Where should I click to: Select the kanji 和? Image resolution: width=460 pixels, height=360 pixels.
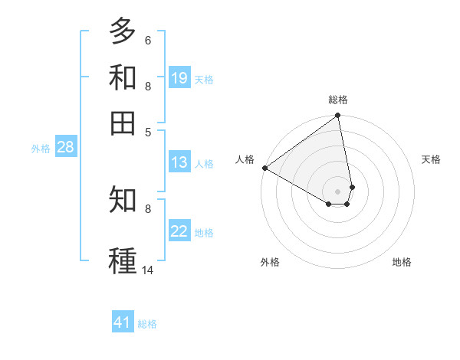[x=123, y=77]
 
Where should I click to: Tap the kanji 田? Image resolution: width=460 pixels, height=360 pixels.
[x=123, y=123]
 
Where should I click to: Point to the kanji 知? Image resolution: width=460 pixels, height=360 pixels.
[x=123, y=200]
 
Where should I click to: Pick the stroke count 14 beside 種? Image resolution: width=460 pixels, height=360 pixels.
[x=147, y=270]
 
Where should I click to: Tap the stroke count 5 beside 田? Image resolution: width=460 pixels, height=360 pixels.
[x=147, y=131]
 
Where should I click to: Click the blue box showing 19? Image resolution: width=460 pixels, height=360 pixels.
[x=179, y=78]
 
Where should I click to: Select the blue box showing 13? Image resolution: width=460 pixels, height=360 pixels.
[x=179, y=162]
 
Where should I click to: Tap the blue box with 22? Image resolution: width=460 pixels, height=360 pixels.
[x=179, y=231]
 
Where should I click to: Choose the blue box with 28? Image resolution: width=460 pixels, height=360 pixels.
[x=65, y=148]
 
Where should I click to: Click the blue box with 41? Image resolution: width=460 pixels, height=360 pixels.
[x=123, y=322]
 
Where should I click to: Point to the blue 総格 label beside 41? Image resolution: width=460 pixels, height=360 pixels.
[x=147, y=324]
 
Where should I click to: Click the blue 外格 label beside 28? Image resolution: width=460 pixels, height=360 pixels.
[x=40, y=149]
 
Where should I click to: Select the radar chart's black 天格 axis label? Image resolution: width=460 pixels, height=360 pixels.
[x=431, y=159]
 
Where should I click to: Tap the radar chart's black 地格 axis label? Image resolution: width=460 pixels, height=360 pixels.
[x=402, y=262]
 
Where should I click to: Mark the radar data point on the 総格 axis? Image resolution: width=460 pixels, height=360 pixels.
[x=337, y=116]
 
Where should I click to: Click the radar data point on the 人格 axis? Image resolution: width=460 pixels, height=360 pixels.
[x=264, y=168]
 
